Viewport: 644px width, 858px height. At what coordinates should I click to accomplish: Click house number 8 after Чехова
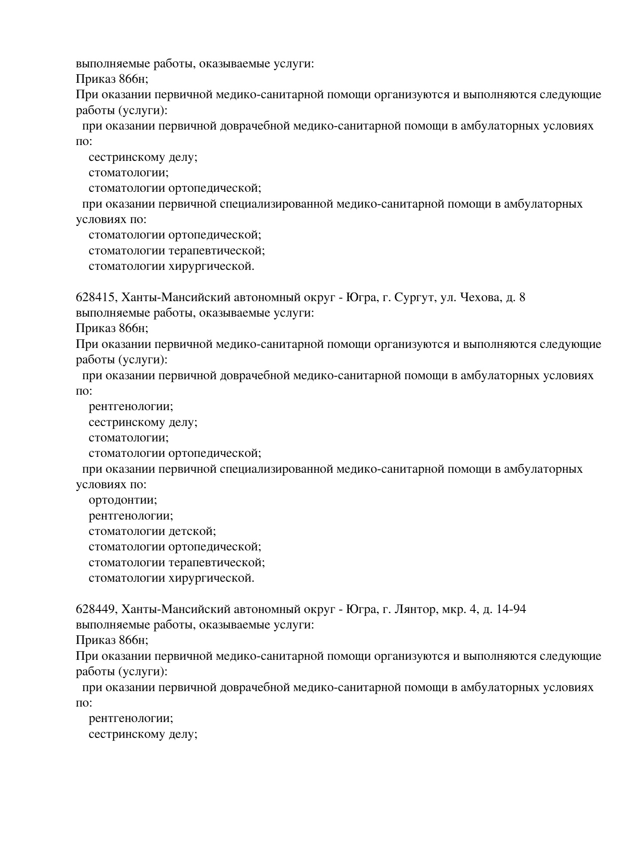[x=522, y=297]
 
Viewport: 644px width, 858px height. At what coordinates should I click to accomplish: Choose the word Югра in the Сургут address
[x=361, y=297]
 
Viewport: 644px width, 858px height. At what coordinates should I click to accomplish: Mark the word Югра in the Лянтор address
[x=361, y=609]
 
